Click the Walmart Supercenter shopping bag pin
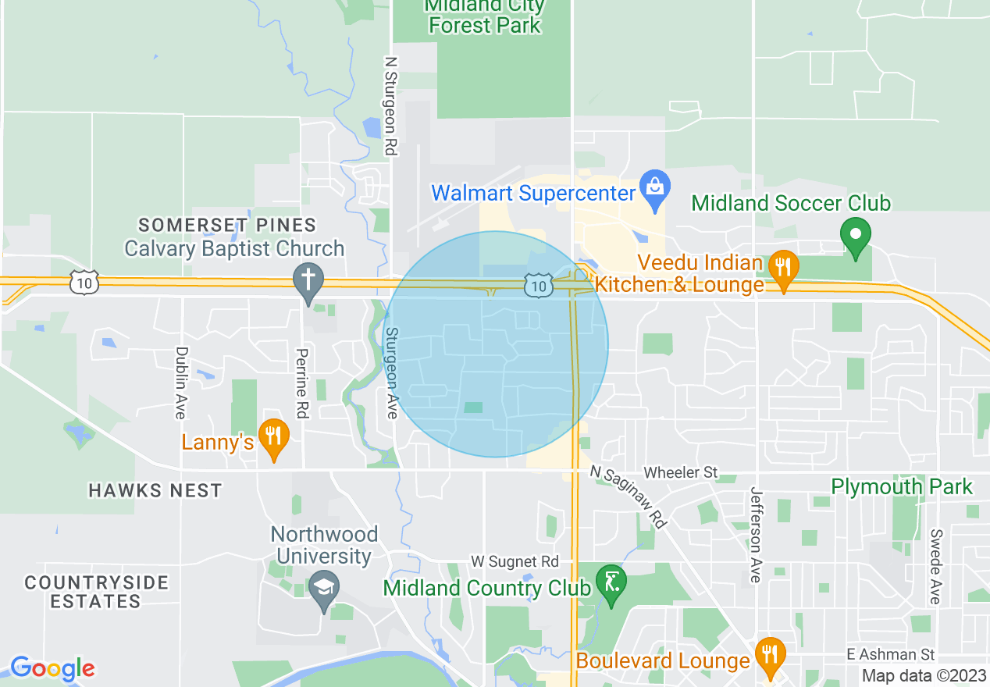point(654,188)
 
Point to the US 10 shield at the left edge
point(84,282)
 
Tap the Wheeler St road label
point(680,472)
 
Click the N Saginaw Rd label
point(629,497)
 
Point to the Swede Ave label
point(935,566)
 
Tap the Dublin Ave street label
point(181,383)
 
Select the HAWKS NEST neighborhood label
point(155,491)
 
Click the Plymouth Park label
point(901,487)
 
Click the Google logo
point(52,668)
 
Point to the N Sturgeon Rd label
point(391,105)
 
